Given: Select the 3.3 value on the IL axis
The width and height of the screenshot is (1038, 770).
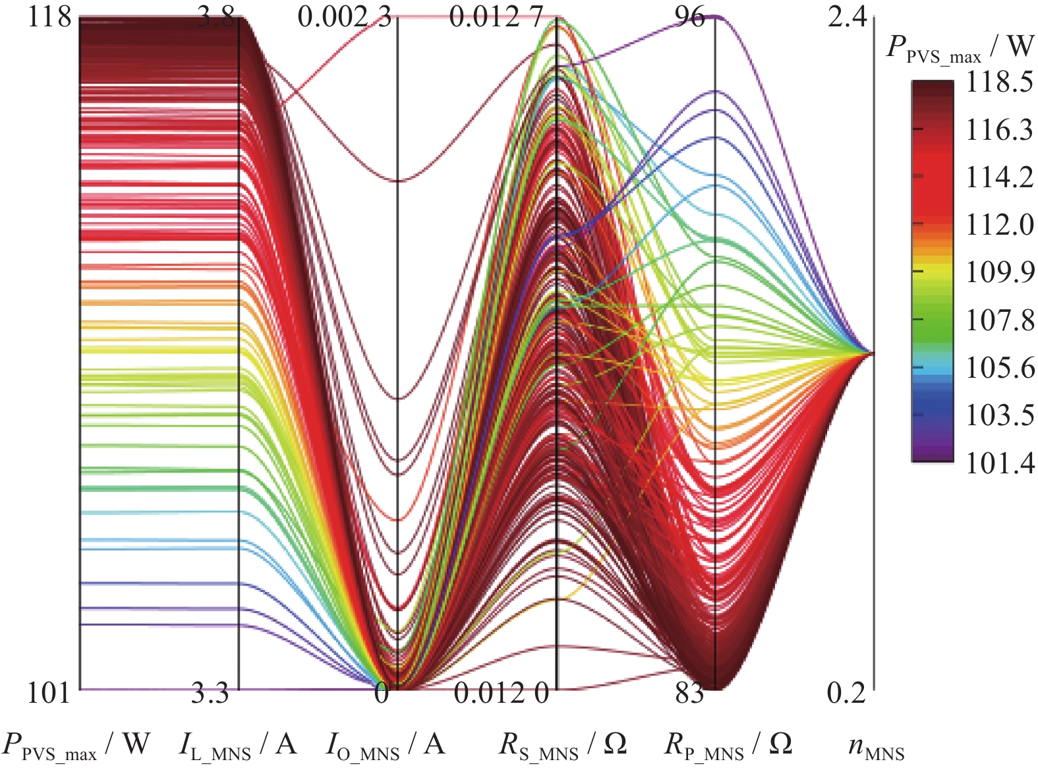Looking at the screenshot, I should (210, 694).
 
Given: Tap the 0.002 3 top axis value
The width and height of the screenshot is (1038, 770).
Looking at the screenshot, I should (344, 17).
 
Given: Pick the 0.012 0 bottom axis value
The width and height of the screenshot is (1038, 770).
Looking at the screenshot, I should (501, 694).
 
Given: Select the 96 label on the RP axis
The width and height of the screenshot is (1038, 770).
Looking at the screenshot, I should (690, 17).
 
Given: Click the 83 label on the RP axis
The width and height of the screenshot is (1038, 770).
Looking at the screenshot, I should (689, 694).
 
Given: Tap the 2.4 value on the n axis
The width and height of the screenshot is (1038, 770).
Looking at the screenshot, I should (848, 17).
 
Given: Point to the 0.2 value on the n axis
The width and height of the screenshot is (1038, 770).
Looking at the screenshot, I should (846, 694).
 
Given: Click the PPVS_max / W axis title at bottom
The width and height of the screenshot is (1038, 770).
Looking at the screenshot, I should (76, 746).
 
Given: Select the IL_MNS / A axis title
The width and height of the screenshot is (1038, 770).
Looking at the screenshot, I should (238, 746).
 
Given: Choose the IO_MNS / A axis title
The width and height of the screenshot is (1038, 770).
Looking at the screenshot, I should (386, 746).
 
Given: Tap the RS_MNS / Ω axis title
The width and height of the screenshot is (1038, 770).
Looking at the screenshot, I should (562, 746).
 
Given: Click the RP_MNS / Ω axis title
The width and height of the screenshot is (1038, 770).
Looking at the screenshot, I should (728, 746).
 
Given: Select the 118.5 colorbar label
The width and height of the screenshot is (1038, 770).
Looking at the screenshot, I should (999, 82).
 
